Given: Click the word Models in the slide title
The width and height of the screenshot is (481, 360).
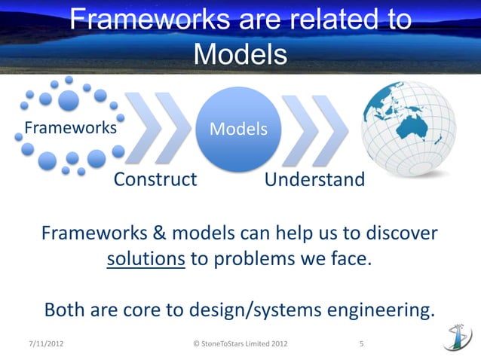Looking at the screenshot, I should [240, 53].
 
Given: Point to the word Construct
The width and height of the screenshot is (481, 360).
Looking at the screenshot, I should [155, 181].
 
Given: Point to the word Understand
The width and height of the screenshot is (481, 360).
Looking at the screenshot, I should [314, 181].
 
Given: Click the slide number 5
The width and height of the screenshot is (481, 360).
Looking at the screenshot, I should [362, 345].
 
